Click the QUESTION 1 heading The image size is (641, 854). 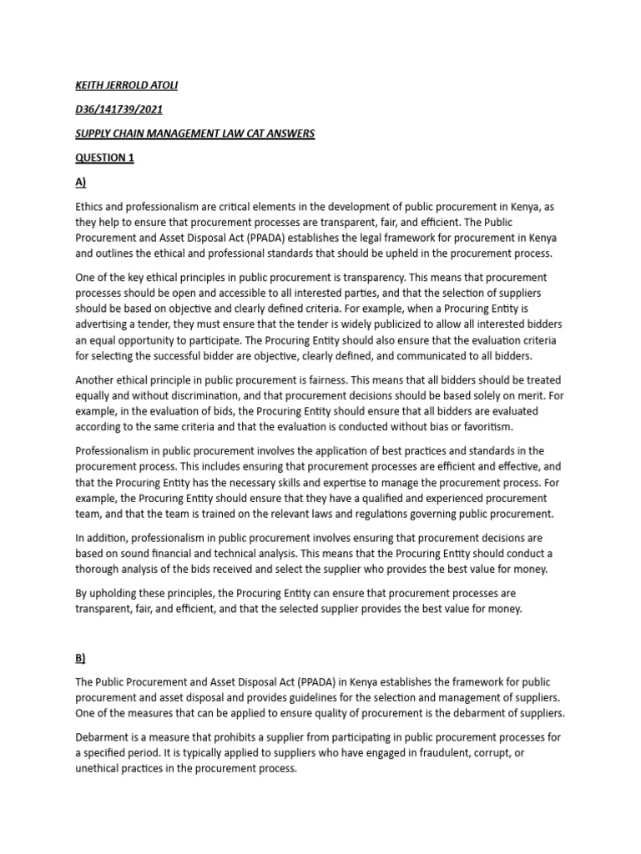[x=104, y=158]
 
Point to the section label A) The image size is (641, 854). [x=81, y=183]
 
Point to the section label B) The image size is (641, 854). [x=81, y=658]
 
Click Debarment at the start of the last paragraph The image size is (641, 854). [x=104, y=737]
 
